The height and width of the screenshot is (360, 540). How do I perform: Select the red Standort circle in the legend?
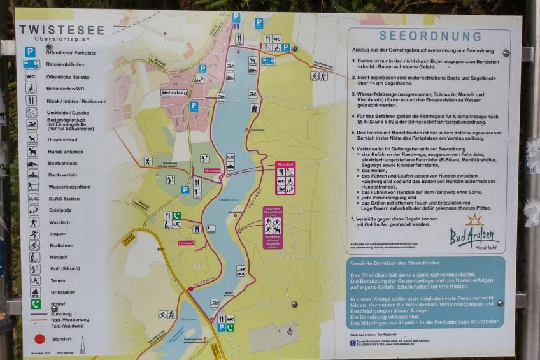coord(39,340)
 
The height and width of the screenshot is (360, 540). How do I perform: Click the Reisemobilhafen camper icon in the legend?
coord(31,64)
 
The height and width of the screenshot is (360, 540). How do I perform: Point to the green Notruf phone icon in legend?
coord(34,304)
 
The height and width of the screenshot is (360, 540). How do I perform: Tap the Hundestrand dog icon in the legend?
coord(32,138)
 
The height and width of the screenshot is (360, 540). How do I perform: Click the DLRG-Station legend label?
coord(66,198)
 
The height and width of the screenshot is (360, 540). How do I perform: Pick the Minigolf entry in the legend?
coord(59,257)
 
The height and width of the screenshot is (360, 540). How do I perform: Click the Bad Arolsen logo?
coord(474,235)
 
